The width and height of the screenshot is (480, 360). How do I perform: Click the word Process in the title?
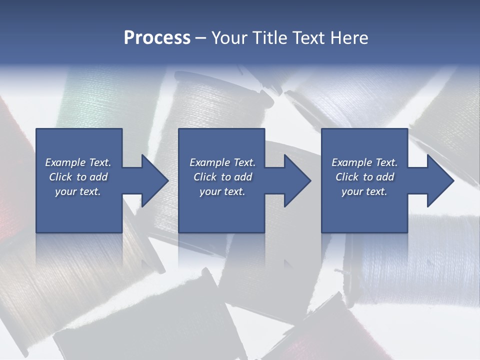pyautogui.click(x=157, y=38)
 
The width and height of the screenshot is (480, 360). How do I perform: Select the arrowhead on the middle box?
pyautogui.click(x=297, y=180)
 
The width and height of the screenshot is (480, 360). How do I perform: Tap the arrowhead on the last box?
pyautogui.click(x=440, y=180)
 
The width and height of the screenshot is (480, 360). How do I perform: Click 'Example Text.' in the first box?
pyautogui.click(x=78, y=162)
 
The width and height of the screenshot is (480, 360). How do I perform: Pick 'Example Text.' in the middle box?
pyautogui.click(x=222, y=162)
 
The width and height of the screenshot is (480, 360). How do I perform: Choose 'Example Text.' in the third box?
pyautogui.click(x=364, y=162)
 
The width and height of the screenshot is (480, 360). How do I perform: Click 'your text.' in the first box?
pyautogui.click(x=78, y=191)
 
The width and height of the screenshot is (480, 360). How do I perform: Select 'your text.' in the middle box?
pyautogui.click(x=222, y=191)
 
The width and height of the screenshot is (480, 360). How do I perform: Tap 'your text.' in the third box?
pyautogui.click(x=364, y=191)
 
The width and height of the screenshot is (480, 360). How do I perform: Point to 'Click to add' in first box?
pyautogui.click(x=78, y=177)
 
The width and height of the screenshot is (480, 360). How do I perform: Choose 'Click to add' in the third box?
pyautogui.click(x=365, y=177)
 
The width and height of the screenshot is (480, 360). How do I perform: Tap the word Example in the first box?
pyautogui.click(x=65, y=162)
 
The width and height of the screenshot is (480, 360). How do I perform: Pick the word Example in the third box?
pyautogui.click(x=351, y=162)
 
